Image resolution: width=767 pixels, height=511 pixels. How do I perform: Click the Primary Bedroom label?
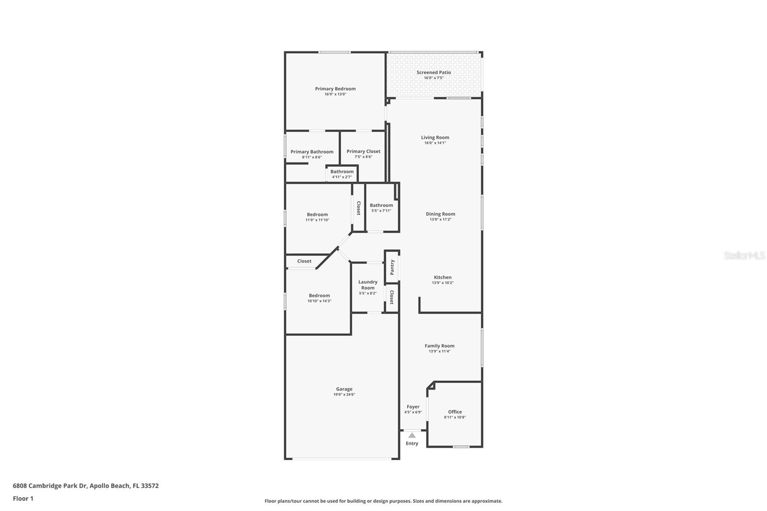(335, 89)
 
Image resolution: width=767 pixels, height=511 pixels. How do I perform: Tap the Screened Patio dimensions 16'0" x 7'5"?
(433, 78)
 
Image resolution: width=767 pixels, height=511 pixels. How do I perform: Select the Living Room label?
(435, 138)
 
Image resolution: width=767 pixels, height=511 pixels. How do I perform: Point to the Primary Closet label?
(363, 151)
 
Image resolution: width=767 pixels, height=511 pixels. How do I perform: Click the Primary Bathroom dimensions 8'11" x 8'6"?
(312, 157)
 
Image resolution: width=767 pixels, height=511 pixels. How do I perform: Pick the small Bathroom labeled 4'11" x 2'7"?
(342, 172)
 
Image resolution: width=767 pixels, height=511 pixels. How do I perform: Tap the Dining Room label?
(440, 214)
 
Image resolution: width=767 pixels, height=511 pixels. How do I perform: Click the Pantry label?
(392, 267)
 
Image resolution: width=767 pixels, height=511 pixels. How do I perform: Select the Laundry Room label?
(368, 285)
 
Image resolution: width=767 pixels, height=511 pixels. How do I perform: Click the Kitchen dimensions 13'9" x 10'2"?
(442, 283)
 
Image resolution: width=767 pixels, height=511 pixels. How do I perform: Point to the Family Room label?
(439, 346)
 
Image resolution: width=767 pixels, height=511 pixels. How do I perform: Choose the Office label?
(454, 412)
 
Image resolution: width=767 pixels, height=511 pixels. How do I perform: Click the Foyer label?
(413, 406)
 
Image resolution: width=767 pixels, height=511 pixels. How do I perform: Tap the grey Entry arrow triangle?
(412, 435)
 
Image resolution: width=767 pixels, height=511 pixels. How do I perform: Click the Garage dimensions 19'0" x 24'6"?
(344, 395)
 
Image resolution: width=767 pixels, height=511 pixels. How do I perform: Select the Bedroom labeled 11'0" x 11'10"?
(317, 215)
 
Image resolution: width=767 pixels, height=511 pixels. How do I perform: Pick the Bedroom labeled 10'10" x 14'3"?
(319, 296)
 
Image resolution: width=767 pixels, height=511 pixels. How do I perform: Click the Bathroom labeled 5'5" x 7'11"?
(381, 205)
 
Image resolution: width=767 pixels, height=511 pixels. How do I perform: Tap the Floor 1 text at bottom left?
(23, 499)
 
